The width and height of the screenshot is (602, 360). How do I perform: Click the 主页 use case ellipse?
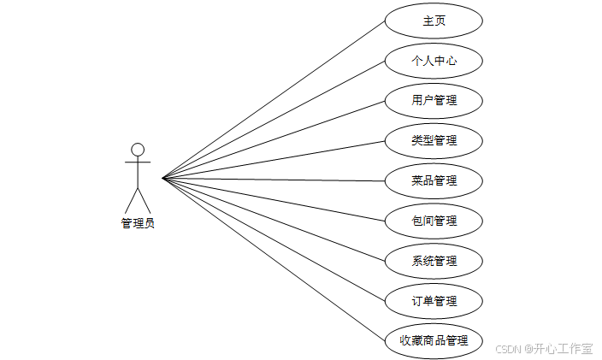click(434, 21)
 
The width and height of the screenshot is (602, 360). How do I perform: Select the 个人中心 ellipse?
click(434, 61)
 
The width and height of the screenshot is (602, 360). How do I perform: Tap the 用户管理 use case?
click(434, 101)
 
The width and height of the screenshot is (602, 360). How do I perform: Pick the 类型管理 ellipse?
click(434, 141)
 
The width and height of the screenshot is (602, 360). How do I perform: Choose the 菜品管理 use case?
click(434, 181)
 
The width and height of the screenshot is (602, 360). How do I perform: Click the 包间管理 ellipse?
click(434, 221)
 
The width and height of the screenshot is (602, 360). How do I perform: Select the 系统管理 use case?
click(434, 262)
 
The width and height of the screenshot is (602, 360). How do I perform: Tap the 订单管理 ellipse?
click(434, 302)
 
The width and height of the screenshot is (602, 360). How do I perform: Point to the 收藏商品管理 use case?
click(434, 341)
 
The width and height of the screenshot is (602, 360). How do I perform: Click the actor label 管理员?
click(138, 224)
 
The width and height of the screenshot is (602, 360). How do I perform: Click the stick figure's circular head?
click(138, 150)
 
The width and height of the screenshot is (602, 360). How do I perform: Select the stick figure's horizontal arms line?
click(138, 162)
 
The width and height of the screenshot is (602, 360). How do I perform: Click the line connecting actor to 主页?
click(274, 99)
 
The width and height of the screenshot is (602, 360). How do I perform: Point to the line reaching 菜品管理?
click(274, 180)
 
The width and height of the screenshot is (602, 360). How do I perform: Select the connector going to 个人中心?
click(274, 120)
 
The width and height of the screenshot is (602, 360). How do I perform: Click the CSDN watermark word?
click(508, 349)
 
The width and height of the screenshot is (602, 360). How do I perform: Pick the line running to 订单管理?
click(274, 239)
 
